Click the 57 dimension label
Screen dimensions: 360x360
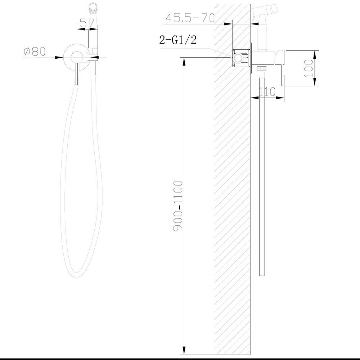point(87,23)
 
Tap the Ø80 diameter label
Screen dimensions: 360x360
point(35,51)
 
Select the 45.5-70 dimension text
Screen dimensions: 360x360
point(190,18)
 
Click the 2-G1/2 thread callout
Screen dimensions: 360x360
point(178,40)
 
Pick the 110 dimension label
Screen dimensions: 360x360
point(267,92)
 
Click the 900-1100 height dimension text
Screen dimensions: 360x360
point(178,206)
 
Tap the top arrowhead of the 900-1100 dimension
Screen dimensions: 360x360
point(184,61)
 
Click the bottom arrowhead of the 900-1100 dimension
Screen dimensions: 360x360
point(184,350)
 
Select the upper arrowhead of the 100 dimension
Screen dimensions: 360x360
point(315,55)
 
